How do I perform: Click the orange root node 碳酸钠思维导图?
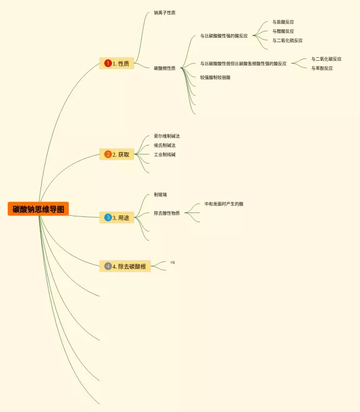[x=38, y=209]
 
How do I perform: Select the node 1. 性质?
[x=117, y=64]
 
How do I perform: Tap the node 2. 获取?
[x=117, y=154]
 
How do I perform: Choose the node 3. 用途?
[x=117, y=217]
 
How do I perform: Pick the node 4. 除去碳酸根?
[x=125, y=266]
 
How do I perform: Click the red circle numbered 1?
[x=108, y=64]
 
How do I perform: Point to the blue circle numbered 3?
[x=108, y=217]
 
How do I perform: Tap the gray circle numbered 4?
[x=108, y=266]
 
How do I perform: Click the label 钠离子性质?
[x=164, y=12]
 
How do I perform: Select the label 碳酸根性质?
[x=164, y=68]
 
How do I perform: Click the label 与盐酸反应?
[x=283, y=22]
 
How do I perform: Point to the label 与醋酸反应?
[x=283, y=31]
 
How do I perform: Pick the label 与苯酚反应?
[x=322, y=68]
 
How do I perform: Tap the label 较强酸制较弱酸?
[x=215, y=77]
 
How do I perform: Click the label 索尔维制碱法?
[x=166, y=136]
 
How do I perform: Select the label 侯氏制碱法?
[x=164, y=145]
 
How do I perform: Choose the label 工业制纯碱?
[x=164, y=154]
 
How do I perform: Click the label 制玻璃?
[x=160, y=194]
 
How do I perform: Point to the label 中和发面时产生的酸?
[x=224, y=203]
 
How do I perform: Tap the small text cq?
[x=173, y=262]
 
